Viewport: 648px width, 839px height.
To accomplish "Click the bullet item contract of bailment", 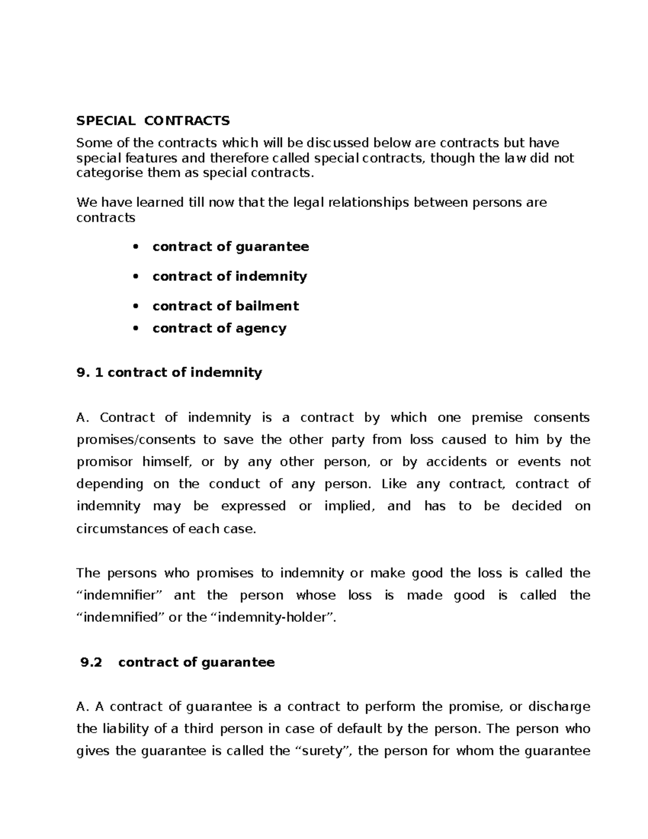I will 225,306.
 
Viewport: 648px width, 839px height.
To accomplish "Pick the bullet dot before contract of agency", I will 136,328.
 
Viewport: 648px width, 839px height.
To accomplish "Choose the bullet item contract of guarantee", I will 231,247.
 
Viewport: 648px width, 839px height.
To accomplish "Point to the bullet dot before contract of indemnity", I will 136,277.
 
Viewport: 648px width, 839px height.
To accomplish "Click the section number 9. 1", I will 90,373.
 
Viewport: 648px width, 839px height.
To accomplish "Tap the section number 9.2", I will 91,663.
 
